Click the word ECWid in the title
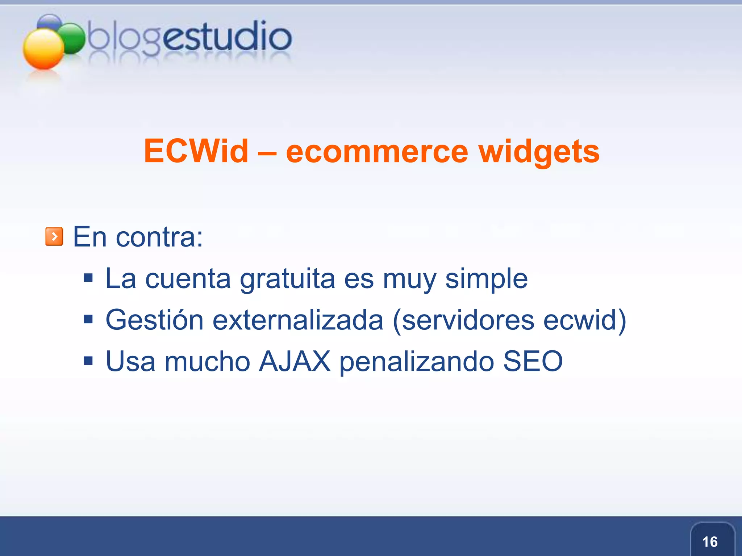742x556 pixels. click(196, 151)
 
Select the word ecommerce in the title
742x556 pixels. click(377, 152)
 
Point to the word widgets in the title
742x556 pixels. click(539, 152)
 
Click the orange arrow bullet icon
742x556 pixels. click(54, 236)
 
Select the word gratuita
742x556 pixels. click(287, 279)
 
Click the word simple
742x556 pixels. click(486, 279)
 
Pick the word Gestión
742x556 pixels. click(154, 320)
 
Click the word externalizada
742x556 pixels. click(298, 320)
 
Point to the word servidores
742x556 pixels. click(468, 320)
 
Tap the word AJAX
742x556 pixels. click(295, 361)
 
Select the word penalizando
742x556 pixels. click(417, 361)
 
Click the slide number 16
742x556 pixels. click(710, 542)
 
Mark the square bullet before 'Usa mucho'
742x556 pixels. click(88, 361)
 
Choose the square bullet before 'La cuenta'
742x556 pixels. click(88, 278)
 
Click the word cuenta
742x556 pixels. click(188, 279)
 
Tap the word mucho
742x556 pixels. click(207, 361)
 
